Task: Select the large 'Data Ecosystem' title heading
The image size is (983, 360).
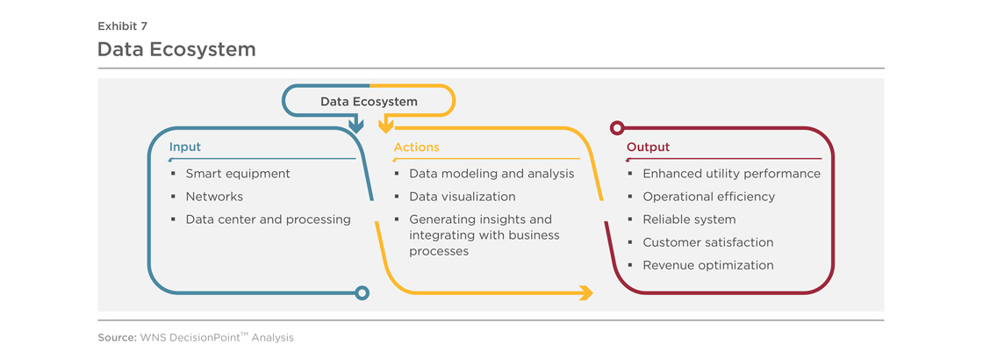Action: pyautogui.click(x=176, y=49)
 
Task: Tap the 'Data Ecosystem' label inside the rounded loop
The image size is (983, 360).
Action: pyautogui.click(x=369, y=101)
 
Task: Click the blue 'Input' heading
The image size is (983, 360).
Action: pyautogui.click(x=185, y=148)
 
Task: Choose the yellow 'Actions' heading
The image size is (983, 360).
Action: pyautogui.click(x=416, y=148)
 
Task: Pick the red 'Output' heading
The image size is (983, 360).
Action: pyautogui.click(x=649, y=148)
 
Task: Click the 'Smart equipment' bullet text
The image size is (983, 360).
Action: pyautogui.click(x=238, y=174)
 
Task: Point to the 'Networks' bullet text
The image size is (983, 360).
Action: pyautogui.click(x=214, y=197)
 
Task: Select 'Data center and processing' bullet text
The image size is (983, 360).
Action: pyautogui.click(x=269, y=220)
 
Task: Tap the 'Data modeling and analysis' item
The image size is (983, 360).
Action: pyautogui.click(x=491, y=174)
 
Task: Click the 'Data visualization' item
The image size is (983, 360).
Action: pyautogui.click(x=463, y=197)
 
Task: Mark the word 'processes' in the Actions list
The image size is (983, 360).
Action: pyautogui.click(x=439, y=251)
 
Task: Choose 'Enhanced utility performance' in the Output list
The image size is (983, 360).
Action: pyautogui.click(x=732, y=174)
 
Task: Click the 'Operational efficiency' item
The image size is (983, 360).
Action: pyautogui.click(x=709, y=197)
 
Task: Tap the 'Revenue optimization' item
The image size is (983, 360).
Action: pyautogui.click(x=708, y=265)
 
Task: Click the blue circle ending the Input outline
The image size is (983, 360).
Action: pyautogui.click(x=362, y=293)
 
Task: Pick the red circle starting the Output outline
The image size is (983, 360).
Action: pyautogui.click(x=617, y=128)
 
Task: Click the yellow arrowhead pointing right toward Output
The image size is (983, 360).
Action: pyautogui.click(x=587, y=293)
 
